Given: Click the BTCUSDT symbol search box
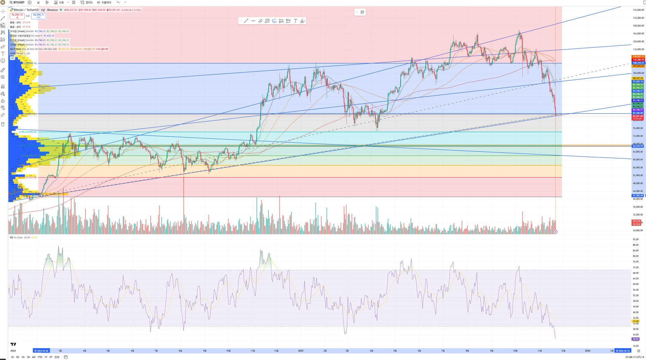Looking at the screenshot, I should pyautogui.click(x=17, y=2).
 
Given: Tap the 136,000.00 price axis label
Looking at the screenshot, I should pyautogui.click(x=638, y=10).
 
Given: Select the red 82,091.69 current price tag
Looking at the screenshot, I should pyautogui.click(x=638, y=116).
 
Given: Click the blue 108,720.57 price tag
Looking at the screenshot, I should pyautogui.click(x=638, y=63).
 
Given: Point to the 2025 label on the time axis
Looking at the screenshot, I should pyautogui.click(x=300, y=351).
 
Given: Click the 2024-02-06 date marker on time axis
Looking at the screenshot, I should pyautogui.click(x=41, y=351).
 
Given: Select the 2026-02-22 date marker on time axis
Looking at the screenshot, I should pyautogui.click(x=622, y=351).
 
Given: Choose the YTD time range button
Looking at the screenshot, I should pyautogui.click(x=40, y=357).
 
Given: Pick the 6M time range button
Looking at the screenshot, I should pyautogui.click(x=34, y=357).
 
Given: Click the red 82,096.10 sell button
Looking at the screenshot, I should pyautogui.click(x=17, y=16).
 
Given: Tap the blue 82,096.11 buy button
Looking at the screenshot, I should pyautogui.click(x=39, y=16).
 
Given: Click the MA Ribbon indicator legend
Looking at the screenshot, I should pyautogui.click(x=15, y=49).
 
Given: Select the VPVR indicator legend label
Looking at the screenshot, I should pyautogui.click(x=12, y=53).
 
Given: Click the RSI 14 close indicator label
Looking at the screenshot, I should pyautogui.click(x=16, y=238).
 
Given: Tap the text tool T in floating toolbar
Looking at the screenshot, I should pyautogui.click(x=295, y=21).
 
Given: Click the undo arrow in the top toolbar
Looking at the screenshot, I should pyautogui.click(x=118, y=2).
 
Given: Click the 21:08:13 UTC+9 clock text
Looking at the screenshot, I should pyautogui.click(x=635, y=357).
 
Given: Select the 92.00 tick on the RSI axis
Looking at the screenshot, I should pyautogui.click(x=636, y=239).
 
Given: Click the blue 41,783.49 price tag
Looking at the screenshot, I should pyautogui.click(x=638, y=195).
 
